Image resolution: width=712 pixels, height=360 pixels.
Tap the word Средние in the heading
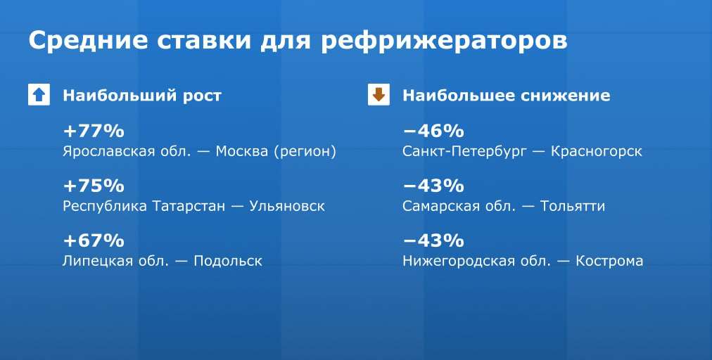[88, 40]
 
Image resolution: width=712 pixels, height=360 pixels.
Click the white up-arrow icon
[39, 95]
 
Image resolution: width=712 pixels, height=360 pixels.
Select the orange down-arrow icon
[379, 95]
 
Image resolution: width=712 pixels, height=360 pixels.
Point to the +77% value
[94, 131]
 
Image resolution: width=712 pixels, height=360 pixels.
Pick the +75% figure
[94, 186]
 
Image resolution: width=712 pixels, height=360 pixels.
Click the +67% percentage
[94, 240]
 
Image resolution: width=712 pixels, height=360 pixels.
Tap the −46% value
[433, 131]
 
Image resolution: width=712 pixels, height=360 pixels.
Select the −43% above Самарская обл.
[433, 186]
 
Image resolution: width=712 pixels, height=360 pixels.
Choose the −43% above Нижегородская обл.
[433, 240]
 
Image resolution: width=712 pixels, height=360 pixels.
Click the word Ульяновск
[288, 207]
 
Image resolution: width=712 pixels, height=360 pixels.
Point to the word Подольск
[228, 262]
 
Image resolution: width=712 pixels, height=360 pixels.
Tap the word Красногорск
[597, 152]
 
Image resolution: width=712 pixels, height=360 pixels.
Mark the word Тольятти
[573, 207]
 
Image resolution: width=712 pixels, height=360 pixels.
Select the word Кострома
[609, 262]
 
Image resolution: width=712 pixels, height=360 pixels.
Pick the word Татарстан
[189, 207]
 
